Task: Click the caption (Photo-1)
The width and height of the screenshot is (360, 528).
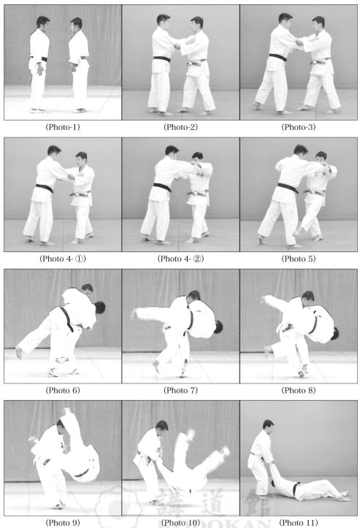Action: click(x=63, y=127)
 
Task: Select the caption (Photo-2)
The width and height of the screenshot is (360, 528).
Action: click(x=180, y=127)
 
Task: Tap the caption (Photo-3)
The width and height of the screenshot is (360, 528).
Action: click(x=299, y=127)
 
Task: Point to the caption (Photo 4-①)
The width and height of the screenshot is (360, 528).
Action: click(x=63, y=259)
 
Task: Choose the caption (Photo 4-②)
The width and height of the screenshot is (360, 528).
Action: click(x=180, y=259)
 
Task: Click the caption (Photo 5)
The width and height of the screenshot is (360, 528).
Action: click(x=299, y=259)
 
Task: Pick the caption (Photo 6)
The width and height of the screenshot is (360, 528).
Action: click(x=63, y=390)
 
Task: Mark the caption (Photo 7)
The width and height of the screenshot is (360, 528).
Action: click(x=180, y=390)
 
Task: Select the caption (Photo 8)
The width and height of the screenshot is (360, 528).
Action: click(x=299, y=390)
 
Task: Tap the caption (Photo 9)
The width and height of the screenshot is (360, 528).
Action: click(x=63, y=522)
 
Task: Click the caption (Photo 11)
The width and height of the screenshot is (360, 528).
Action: click(x=299, y=522)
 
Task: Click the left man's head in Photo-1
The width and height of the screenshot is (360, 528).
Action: click(x=43, y=23)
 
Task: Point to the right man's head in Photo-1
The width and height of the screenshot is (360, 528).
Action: click(x=77, y=24)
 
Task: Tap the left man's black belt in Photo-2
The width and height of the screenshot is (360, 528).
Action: click(x=162, y=59)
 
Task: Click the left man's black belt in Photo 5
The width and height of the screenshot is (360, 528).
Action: click(x=288, y=188)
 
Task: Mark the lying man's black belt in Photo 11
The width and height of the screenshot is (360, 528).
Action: click(x=296, y=489)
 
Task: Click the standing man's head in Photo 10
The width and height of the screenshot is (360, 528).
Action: click(x=161, y=427)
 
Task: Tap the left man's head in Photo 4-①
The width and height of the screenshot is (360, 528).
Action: click(x=54, y=152)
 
